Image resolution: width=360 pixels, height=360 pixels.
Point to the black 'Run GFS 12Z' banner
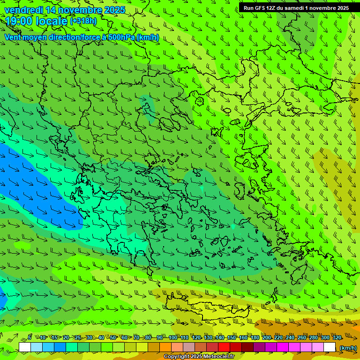296,7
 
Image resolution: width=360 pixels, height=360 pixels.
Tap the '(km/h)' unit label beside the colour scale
347,347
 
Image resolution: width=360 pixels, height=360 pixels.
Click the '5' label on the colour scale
30,337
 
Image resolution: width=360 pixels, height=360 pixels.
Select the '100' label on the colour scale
173,337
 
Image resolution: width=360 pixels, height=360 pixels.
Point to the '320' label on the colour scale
337,337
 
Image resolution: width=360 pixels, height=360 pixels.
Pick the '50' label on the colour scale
113,337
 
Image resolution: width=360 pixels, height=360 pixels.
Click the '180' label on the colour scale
255,337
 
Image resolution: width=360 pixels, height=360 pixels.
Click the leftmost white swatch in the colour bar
25,347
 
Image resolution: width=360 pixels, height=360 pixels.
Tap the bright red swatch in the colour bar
224,347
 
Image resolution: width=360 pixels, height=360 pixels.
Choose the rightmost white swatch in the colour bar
330,347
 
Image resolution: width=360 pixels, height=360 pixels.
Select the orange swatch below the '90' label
165,347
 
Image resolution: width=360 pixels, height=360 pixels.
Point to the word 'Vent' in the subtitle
13,37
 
